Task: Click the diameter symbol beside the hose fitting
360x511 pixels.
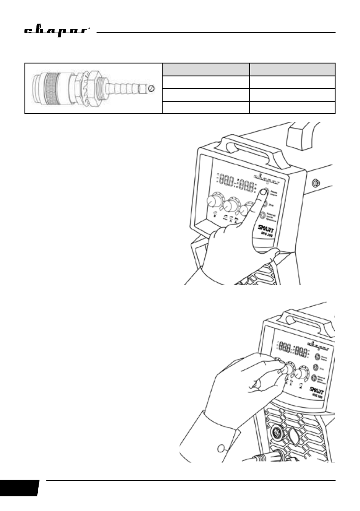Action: coord(151,89)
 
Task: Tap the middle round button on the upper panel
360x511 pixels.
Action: coord(265,205)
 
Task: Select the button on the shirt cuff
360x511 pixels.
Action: coord(221,449)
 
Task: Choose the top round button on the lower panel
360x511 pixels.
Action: coord(317,357)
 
